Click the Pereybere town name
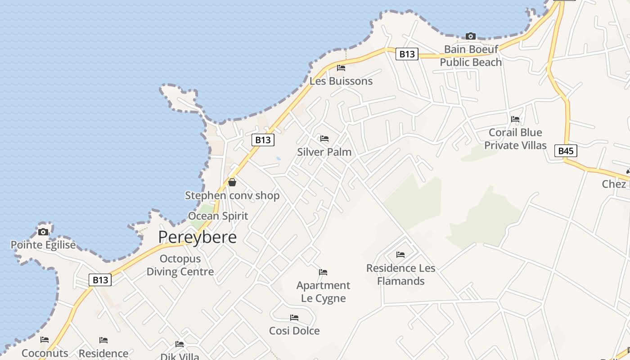[x=197, y=237]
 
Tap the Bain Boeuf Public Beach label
[x=471, y=56]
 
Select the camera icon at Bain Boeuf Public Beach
[x=471, y=36]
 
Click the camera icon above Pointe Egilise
[x=43, y=232]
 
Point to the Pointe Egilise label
[x=43, y=245]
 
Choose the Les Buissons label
[x=341, y=81]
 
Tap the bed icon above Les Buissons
[x=341, y=68]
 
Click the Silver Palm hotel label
[x=324, y=152]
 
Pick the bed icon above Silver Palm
[x=324, y=139]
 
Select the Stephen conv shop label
[x=232, y=196]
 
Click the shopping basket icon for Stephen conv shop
[x=232, y=182]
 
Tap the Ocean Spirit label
[x=218, y=216]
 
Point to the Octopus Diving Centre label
[x=180, y=265]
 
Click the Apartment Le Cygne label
[x=323, y=292]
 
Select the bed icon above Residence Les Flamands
[x=400, y=255]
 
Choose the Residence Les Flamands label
[x=400, y=274]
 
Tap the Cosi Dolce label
[x=294, y=331]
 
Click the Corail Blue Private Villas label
[x=515, y=139]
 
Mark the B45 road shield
[x=566, y=151]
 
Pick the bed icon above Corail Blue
[x=515, y=119]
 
